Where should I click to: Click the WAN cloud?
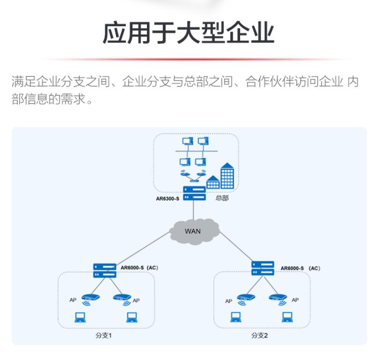[193, 230]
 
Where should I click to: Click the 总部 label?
[222, 198]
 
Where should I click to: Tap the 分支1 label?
[103, 336]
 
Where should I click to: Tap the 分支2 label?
[259, 336]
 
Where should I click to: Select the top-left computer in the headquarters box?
[187, 141]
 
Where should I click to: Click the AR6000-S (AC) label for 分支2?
[300, 268]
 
